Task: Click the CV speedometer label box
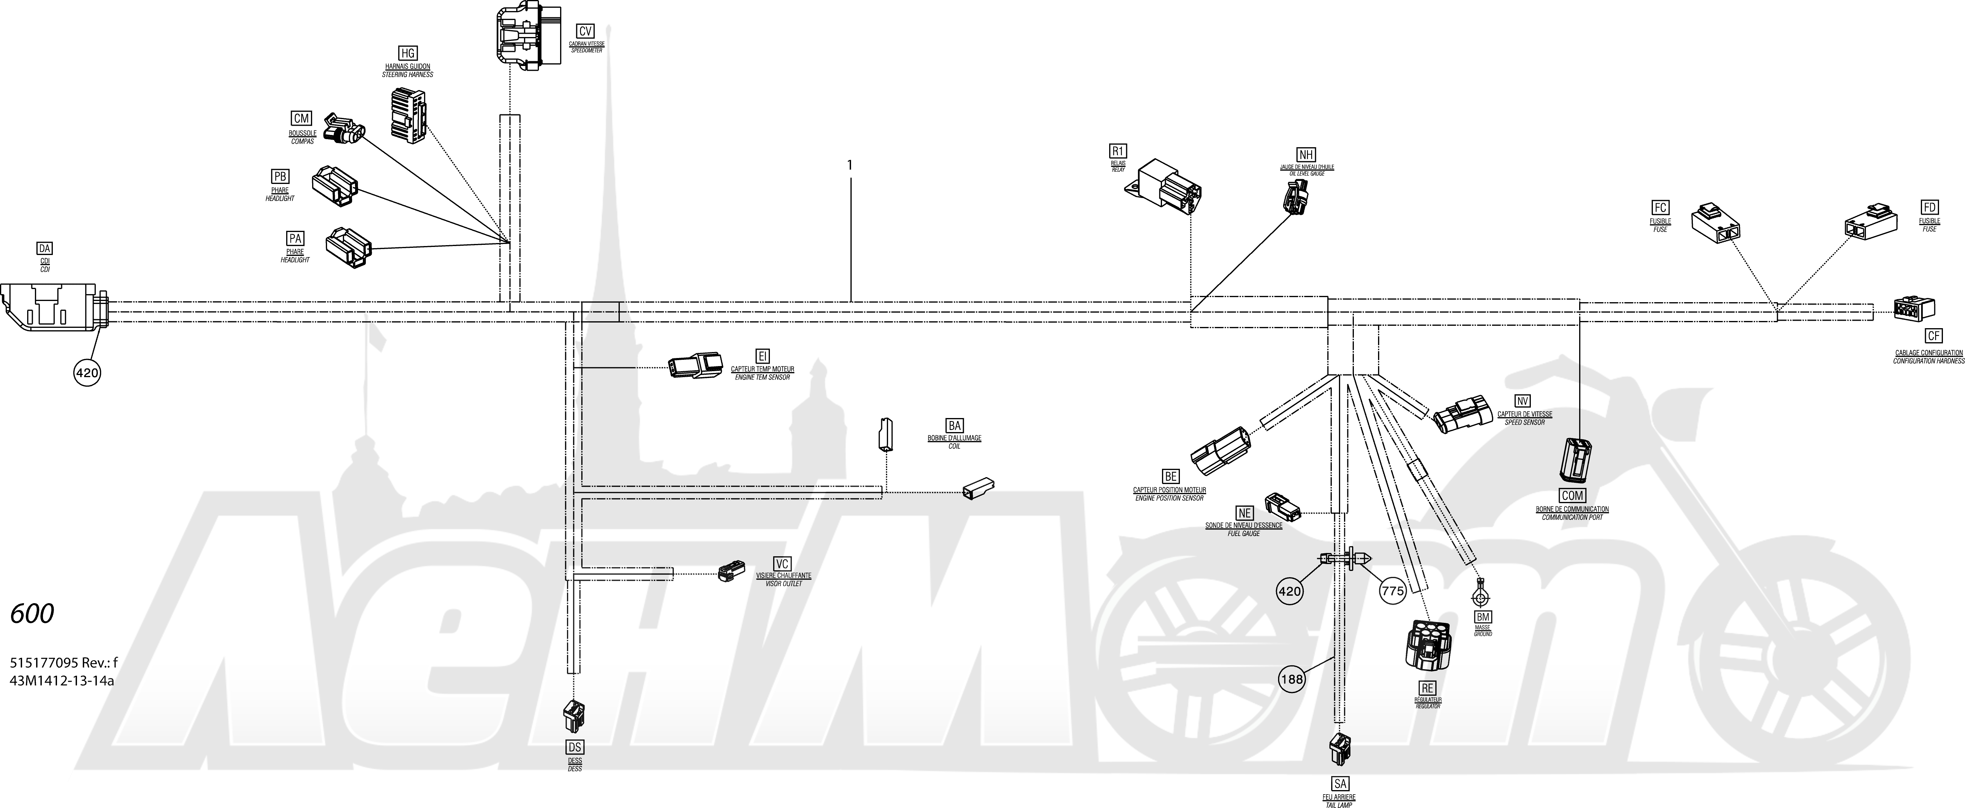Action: tap(585, 31)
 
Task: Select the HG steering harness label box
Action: tap(409, 53)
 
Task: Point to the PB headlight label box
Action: tap(280, 176)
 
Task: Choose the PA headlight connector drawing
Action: tap(349, 248)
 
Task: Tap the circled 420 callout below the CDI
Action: tap(87, 372)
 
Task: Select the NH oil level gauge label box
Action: tap(1307, 155)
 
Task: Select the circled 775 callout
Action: tap(1392, 591)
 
